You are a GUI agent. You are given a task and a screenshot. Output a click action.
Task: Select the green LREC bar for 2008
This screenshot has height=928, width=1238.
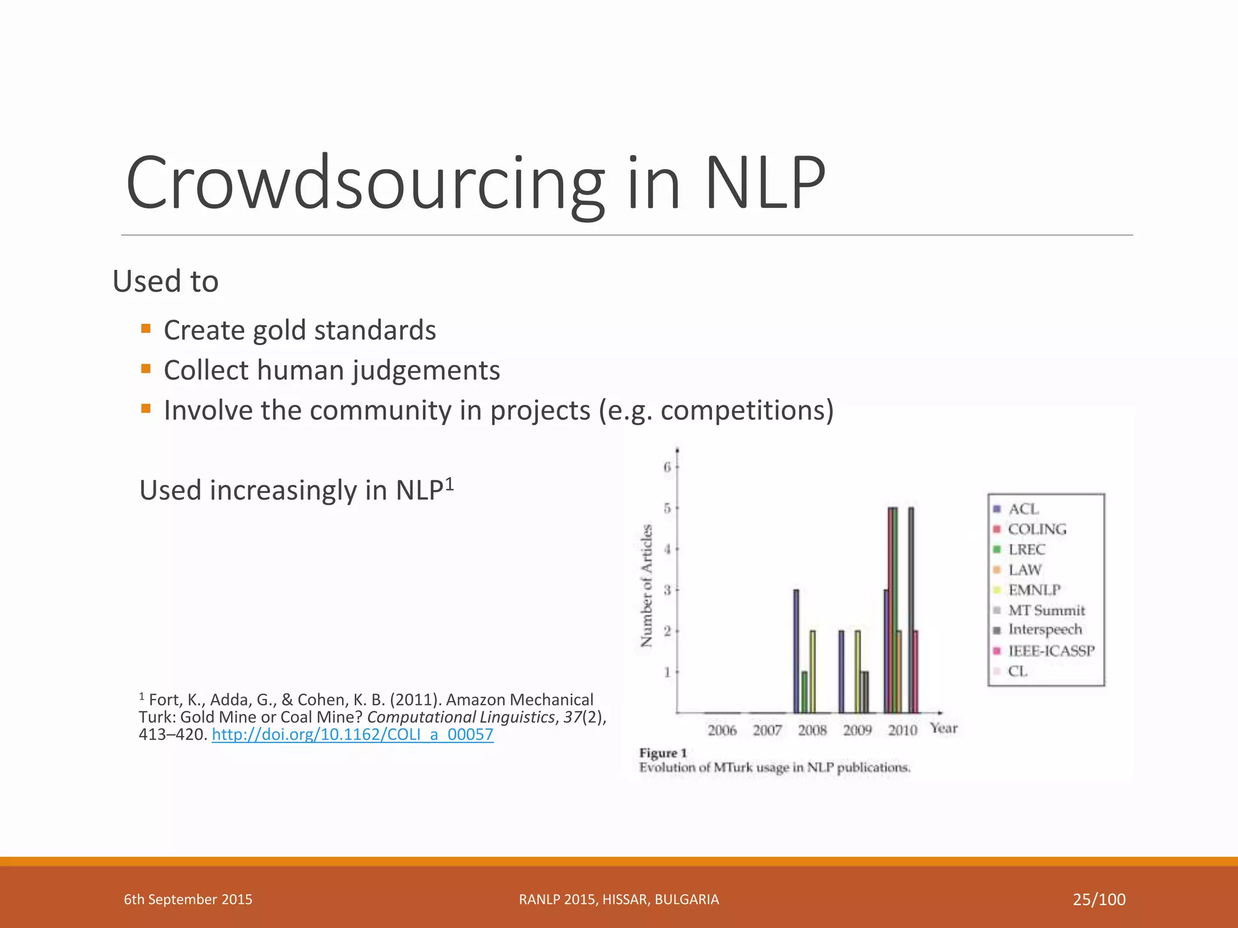(804, 692)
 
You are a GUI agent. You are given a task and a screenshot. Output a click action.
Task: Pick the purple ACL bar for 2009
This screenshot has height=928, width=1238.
(841, 672)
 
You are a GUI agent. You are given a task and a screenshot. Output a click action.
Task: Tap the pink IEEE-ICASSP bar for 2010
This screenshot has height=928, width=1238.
(916, 672)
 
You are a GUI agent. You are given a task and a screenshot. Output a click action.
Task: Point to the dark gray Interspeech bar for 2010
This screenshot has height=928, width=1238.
(911, 610)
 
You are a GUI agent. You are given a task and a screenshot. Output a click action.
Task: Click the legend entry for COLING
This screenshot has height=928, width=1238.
(1037, 529)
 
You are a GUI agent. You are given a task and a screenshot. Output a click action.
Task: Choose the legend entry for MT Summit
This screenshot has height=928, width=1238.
(1046, 610)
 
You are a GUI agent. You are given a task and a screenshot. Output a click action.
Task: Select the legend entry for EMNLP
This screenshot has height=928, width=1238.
(1034, 590)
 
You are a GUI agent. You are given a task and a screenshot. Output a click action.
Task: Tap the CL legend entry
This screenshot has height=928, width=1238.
(1017, 671)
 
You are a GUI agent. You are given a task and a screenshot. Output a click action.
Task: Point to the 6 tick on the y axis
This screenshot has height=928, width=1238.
(667, 467)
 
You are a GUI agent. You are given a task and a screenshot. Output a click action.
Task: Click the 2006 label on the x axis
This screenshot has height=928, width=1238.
(722, 730)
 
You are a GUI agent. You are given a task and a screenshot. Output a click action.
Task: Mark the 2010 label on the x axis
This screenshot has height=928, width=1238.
(903, 730)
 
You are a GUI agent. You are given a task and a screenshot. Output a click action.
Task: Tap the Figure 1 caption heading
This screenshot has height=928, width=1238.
(663, 753)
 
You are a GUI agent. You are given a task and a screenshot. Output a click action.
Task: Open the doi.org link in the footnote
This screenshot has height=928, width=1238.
(352, 735)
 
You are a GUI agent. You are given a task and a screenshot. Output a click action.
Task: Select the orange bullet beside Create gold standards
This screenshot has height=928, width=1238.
(146, 329)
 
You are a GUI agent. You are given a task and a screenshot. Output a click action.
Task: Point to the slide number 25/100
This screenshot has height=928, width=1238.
(1099, 900)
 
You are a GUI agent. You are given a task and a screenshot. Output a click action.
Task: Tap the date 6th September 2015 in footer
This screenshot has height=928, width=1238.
(188, 900)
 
